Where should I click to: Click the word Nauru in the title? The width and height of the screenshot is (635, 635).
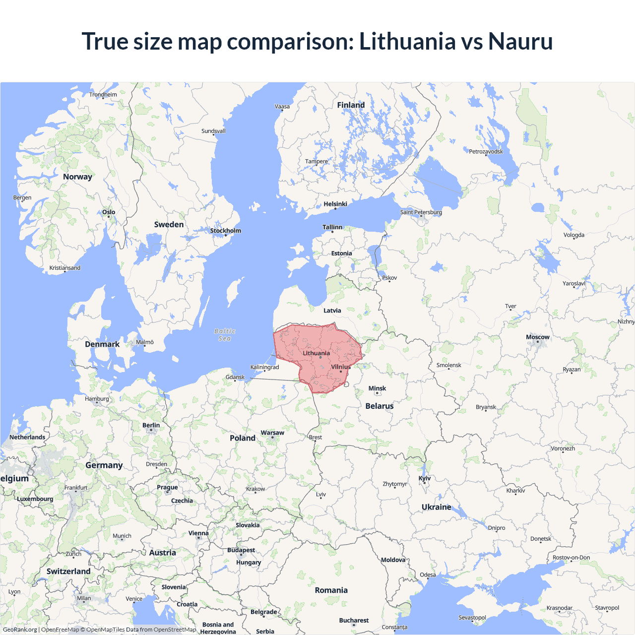pos(520,41)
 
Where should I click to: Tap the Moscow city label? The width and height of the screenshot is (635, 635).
pos(538,337)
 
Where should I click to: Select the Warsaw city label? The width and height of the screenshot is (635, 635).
pos(272,433)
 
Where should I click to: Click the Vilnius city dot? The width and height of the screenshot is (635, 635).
pos(341,372)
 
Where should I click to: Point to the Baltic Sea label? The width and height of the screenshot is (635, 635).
pos(225,335)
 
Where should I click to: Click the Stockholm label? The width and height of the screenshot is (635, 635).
pos(225,231)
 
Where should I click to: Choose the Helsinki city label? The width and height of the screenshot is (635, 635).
pos(335,204)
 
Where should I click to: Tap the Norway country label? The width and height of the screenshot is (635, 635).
pos(77,177)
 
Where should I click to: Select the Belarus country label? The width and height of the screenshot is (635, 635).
pos(380,406)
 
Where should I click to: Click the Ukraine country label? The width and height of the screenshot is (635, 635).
pos(437,507)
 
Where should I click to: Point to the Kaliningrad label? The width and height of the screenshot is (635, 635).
pos(264,367)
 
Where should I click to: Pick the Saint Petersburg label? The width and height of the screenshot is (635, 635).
pos(421,212)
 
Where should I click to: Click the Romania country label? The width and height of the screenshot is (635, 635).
pos(331,590)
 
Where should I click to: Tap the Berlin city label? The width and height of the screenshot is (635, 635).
pos(151,425)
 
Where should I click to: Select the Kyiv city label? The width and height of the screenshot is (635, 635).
pos(425,478)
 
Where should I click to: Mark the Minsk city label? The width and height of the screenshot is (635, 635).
pos(377,388)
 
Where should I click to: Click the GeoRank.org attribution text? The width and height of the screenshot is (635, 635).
pos(20,630)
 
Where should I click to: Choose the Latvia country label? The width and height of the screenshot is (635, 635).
pos(332,311)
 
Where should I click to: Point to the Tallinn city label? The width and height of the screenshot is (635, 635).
pos(332,227)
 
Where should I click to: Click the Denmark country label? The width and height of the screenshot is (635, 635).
pos(102,344)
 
